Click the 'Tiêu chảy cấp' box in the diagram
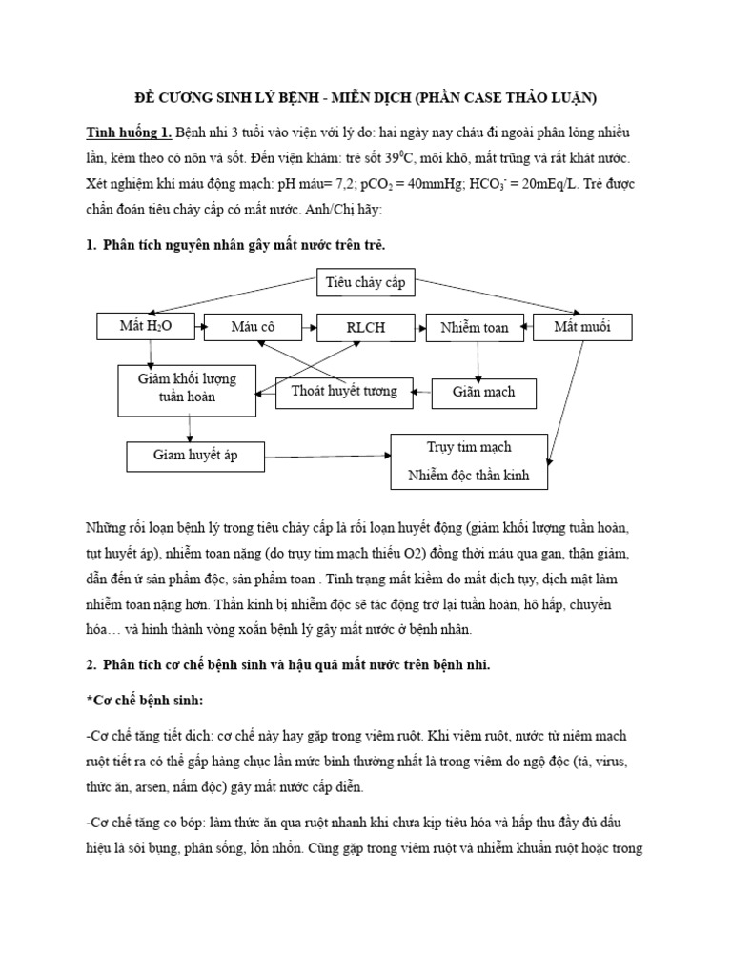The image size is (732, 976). [x=366, y=282]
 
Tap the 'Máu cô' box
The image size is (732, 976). [x=253, y=327]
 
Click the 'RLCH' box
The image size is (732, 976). [x=366, y=328]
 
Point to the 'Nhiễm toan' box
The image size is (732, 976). [x=474, y=328]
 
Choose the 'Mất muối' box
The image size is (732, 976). [x=583, y=327]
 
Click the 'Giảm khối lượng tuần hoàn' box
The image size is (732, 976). [x=187, y=388]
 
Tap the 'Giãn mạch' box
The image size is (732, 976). [x=485, y=392]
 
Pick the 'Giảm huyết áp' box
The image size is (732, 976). [x=195, y=456]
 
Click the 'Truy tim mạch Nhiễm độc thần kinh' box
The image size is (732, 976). [x=470, y=461]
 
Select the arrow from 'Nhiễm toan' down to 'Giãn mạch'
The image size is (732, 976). [x=478, y=360]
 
